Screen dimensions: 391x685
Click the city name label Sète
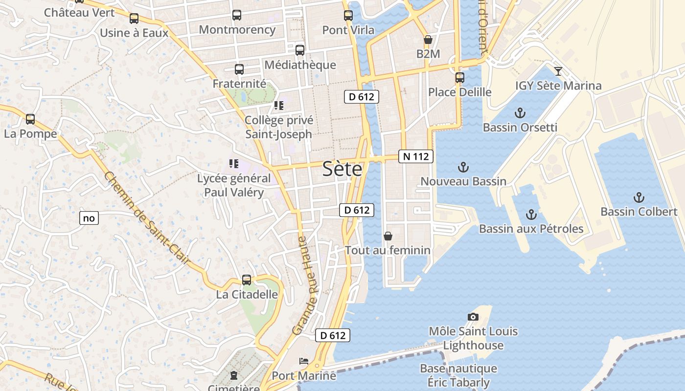pyautogui.click(x=342, y=169)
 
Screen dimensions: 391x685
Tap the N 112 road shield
pyautogui.click(x=416, y=156)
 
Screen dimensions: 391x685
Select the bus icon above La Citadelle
pyautogui.click(x=247, y=280)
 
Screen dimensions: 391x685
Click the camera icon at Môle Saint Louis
pyautogui.click(x=473, y=317)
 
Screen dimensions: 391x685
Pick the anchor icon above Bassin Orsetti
pyautogui.click(x=520, y=113)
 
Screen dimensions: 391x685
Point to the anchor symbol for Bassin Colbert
pyautogui.click(x=639, y=197)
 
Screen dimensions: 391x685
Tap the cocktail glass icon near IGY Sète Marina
pyautogui.click(x=558, y=71)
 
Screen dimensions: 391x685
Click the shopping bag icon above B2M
pyautogui.click(x=428, y=40)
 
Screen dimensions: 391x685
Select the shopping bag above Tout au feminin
pyautogui.click(x=388, y=236)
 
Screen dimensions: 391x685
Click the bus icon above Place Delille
pyautogui.click(x=459, y=77)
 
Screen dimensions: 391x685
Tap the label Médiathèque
pyautogui.click(x=300, y=65)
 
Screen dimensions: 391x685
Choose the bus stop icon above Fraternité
pyautogui.click(x=239, y=69)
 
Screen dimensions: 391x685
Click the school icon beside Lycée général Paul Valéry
pyautogui.click(x=233, y=164)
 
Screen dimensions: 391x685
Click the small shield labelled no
pyautogui.click(x=89, y=218)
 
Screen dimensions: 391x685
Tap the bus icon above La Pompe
pyautogui.click(x=30, y=119)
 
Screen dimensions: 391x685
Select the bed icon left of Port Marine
pyautogui.click(x=304, y=361)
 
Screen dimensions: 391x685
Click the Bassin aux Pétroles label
pyautogui.click(x=531, y=229)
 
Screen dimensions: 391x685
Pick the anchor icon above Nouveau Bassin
pyautogui.click(x=463, y=168)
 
